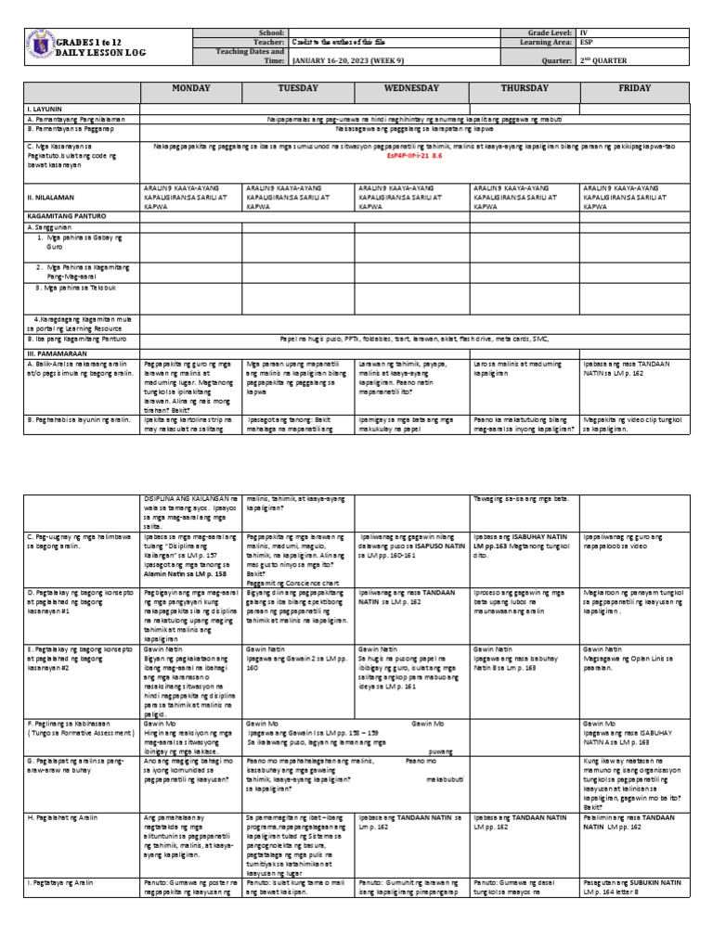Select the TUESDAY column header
click(298, 88)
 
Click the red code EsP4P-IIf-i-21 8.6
click(413, 156)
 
